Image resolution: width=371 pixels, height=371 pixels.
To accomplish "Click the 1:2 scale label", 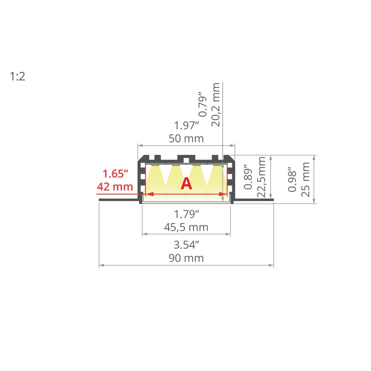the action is click(18, 76).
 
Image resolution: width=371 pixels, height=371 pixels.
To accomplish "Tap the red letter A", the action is click(186, 184).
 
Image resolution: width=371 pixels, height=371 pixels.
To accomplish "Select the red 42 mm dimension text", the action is click(115, 187).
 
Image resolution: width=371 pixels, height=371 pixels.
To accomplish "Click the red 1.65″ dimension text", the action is click(115, 174).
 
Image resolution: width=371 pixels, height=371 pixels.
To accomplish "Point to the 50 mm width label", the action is click(186, 139).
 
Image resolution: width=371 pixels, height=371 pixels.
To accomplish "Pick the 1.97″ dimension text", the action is click(186, 126).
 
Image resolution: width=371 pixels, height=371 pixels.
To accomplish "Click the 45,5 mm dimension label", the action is click(186, 227).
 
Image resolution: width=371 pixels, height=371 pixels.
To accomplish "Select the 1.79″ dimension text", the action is click(186, 214).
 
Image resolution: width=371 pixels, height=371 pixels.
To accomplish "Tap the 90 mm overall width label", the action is click(186, 258).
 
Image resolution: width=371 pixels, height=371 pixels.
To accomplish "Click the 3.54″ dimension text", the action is click(186, 245).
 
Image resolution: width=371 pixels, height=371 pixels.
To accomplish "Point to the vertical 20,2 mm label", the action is click(215, 105).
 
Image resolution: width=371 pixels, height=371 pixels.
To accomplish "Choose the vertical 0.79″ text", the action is click(202, 104).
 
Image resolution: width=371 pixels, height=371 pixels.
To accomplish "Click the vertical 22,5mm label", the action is click(262, 177).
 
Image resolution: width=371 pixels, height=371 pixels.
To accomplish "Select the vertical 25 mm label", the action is click(305, 179).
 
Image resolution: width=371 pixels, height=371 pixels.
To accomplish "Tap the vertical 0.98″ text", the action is click(292, 179).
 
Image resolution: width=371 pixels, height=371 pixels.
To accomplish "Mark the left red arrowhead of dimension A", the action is click(148, 194).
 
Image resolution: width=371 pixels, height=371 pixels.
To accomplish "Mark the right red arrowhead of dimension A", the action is click(224, 194).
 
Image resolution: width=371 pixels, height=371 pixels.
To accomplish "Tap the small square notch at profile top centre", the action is click(186, 160).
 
